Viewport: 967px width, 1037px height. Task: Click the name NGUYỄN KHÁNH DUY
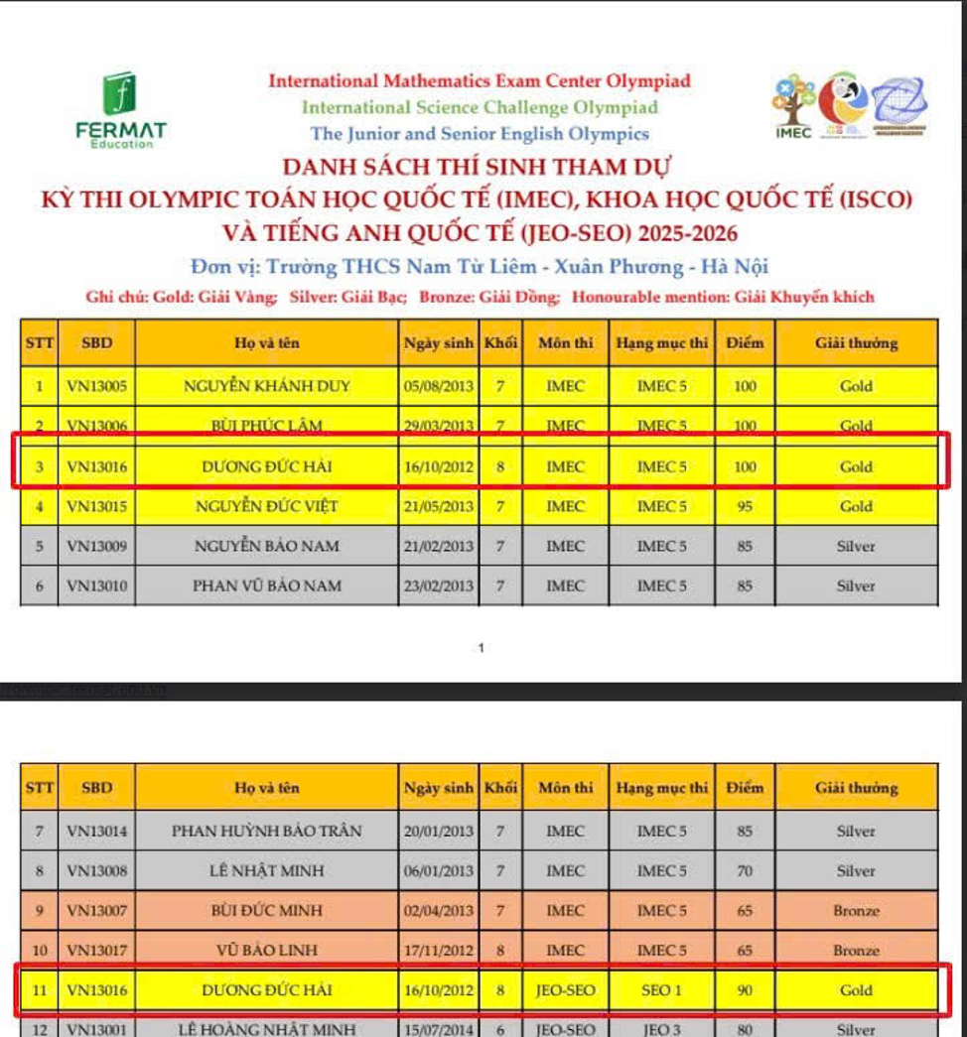(267, 387)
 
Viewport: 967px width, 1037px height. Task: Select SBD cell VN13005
(96, 387)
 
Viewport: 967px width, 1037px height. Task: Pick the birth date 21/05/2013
(439, 506)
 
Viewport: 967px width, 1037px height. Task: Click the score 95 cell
(745, 506)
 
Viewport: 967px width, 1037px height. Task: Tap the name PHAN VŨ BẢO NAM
(267, 585)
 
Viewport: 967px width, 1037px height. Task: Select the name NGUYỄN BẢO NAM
(267, 546)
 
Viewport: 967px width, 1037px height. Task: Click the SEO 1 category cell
(662, 990)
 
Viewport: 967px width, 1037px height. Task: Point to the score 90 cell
(745, 990)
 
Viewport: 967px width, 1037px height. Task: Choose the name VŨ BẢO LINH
(267, 951)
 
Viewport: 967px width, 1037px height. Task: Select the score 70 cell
(745, 871)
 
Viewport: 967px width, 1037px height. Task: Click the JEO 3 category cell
(662, 1029)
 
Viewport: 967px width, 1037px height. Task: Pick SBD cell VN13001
(96, 1029)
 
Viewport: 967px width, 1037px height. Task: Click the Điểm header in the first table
(745, 343)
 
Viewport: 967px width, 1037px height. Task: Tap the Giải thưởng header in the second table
(856, 788)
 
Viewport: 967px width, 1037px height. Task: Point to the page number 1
(482, 649)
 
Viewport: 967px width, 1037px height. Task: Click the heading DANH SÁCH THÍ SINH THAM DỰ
(482, 166)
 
